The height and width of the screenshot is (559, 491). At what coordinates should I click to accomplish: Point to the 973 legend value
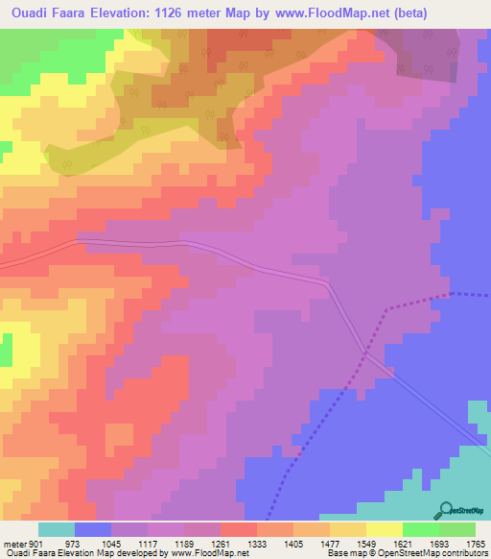(73, 544)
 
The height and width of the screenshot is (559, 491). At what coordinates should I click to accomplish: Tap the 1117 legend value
(147, 544)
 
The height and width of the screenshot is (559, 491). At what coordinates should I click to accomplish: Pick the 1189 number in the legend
(183, 544)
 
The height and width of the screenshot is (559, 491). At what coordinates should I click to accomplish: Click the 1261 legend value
(220, 544)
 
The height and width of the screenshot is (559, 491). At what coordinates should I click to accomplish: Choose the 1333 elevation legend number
(256, 544)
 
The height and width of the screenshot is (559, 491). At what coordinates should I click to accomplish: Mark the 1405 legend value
(292, 544)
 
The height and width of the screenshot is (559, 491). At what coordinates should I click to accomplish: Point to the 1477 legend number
(329, 544)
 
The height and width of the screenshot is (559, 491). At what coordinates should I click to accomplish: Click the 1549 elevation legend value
(365, 544)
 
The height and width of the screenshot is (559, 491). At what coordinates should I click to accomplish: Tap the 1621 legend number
(402, 544)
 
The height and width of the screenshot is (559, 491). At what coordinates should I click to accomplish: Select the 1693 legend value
(438, 544)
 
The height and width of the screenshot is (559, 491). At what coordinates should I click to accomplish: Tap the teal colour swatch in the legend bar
(57, 529)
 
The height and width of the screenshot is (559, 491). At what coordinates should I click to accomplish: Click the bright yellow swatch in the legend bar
(384, 529)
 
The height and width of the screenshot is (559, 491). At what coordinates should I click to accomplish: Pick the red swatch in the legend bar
(238, 529)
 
